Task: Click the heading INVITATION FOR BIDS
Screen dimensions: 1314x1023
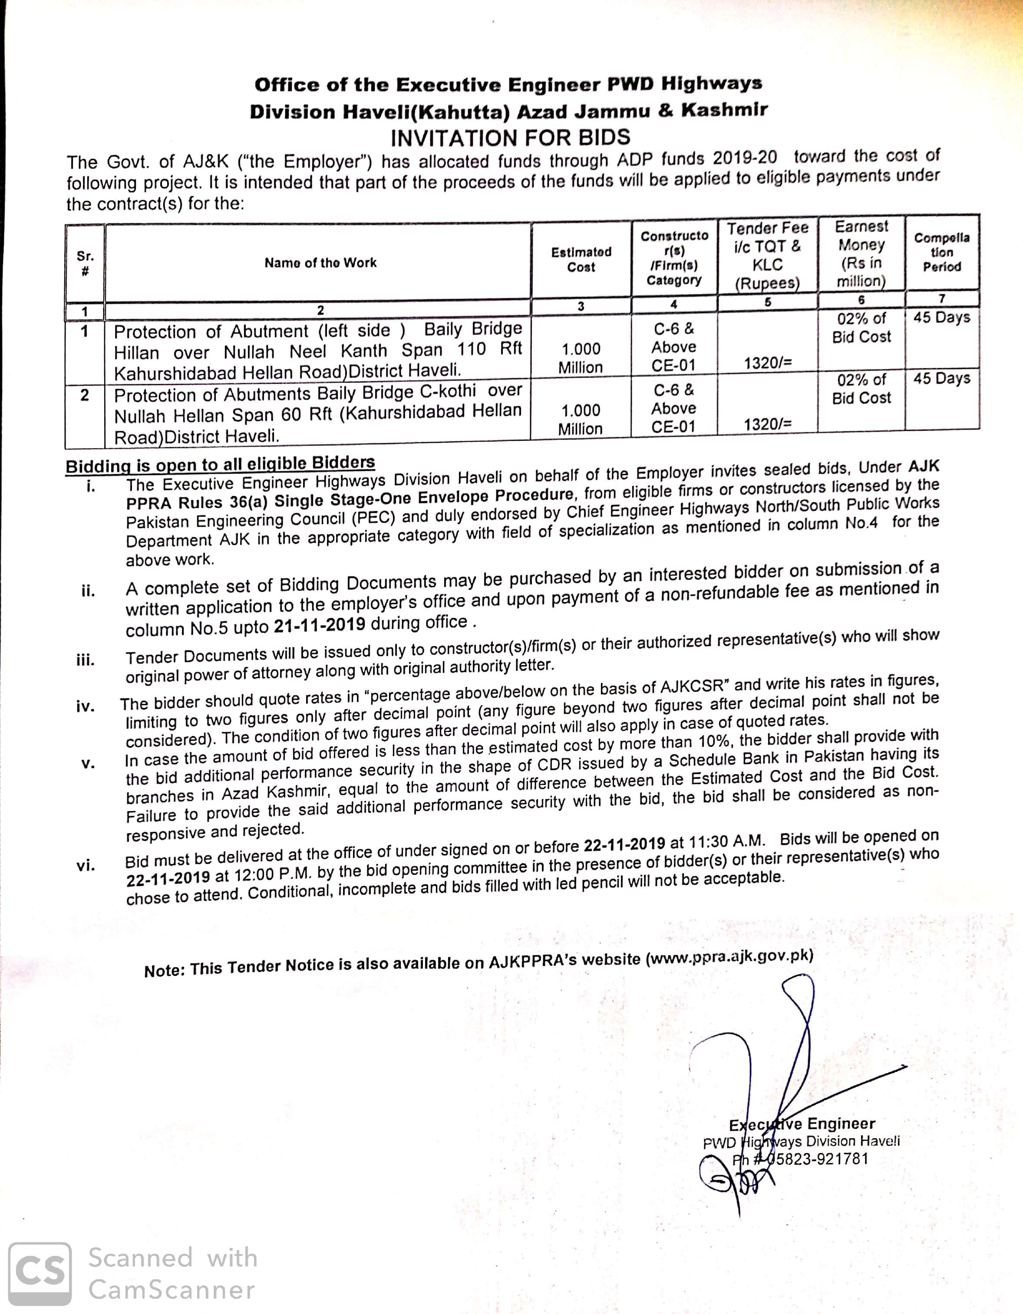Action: click(x=510, y=138)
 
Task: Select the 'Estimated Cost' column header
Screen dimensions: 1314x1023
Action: click(x=581, y=260)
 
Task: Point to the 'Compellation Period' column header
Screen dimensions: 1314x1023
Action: click(x=942, y=252)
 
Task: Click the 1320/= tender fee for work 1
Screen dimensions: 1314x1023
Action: click(x=768, y=363)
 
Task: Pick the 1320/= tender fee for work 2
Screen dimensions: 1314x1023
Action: click(x=768, y=424)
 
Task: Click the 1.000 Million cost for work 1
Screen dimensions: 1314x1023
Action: click(x=581, y=358)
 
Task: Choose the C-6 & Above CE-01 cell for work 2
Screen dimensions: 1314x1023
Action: click(x=674, y=408)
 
